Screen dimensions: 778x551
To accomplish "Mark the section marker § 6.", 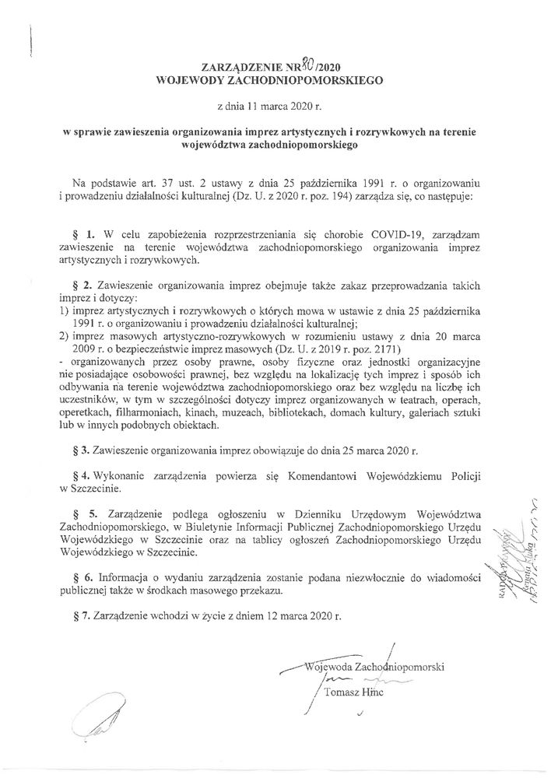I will pyautogui.click(x=89, y=577).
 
